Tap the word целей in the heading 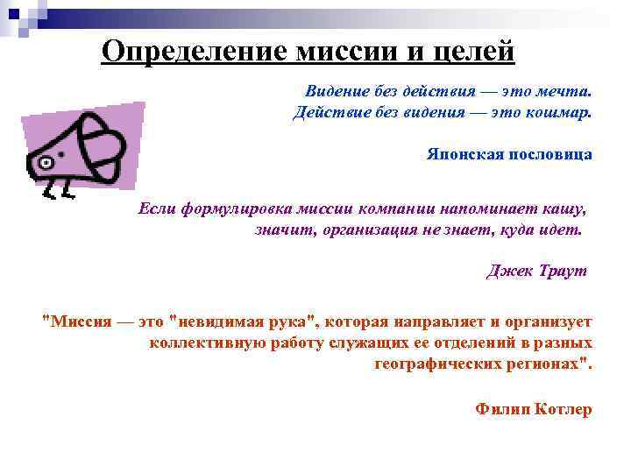click(473, 52)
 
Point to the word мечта click(566, 91)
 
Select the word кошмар click(560, 113)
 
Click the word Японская click(464, 154)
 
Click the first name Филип click(500, 408)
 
